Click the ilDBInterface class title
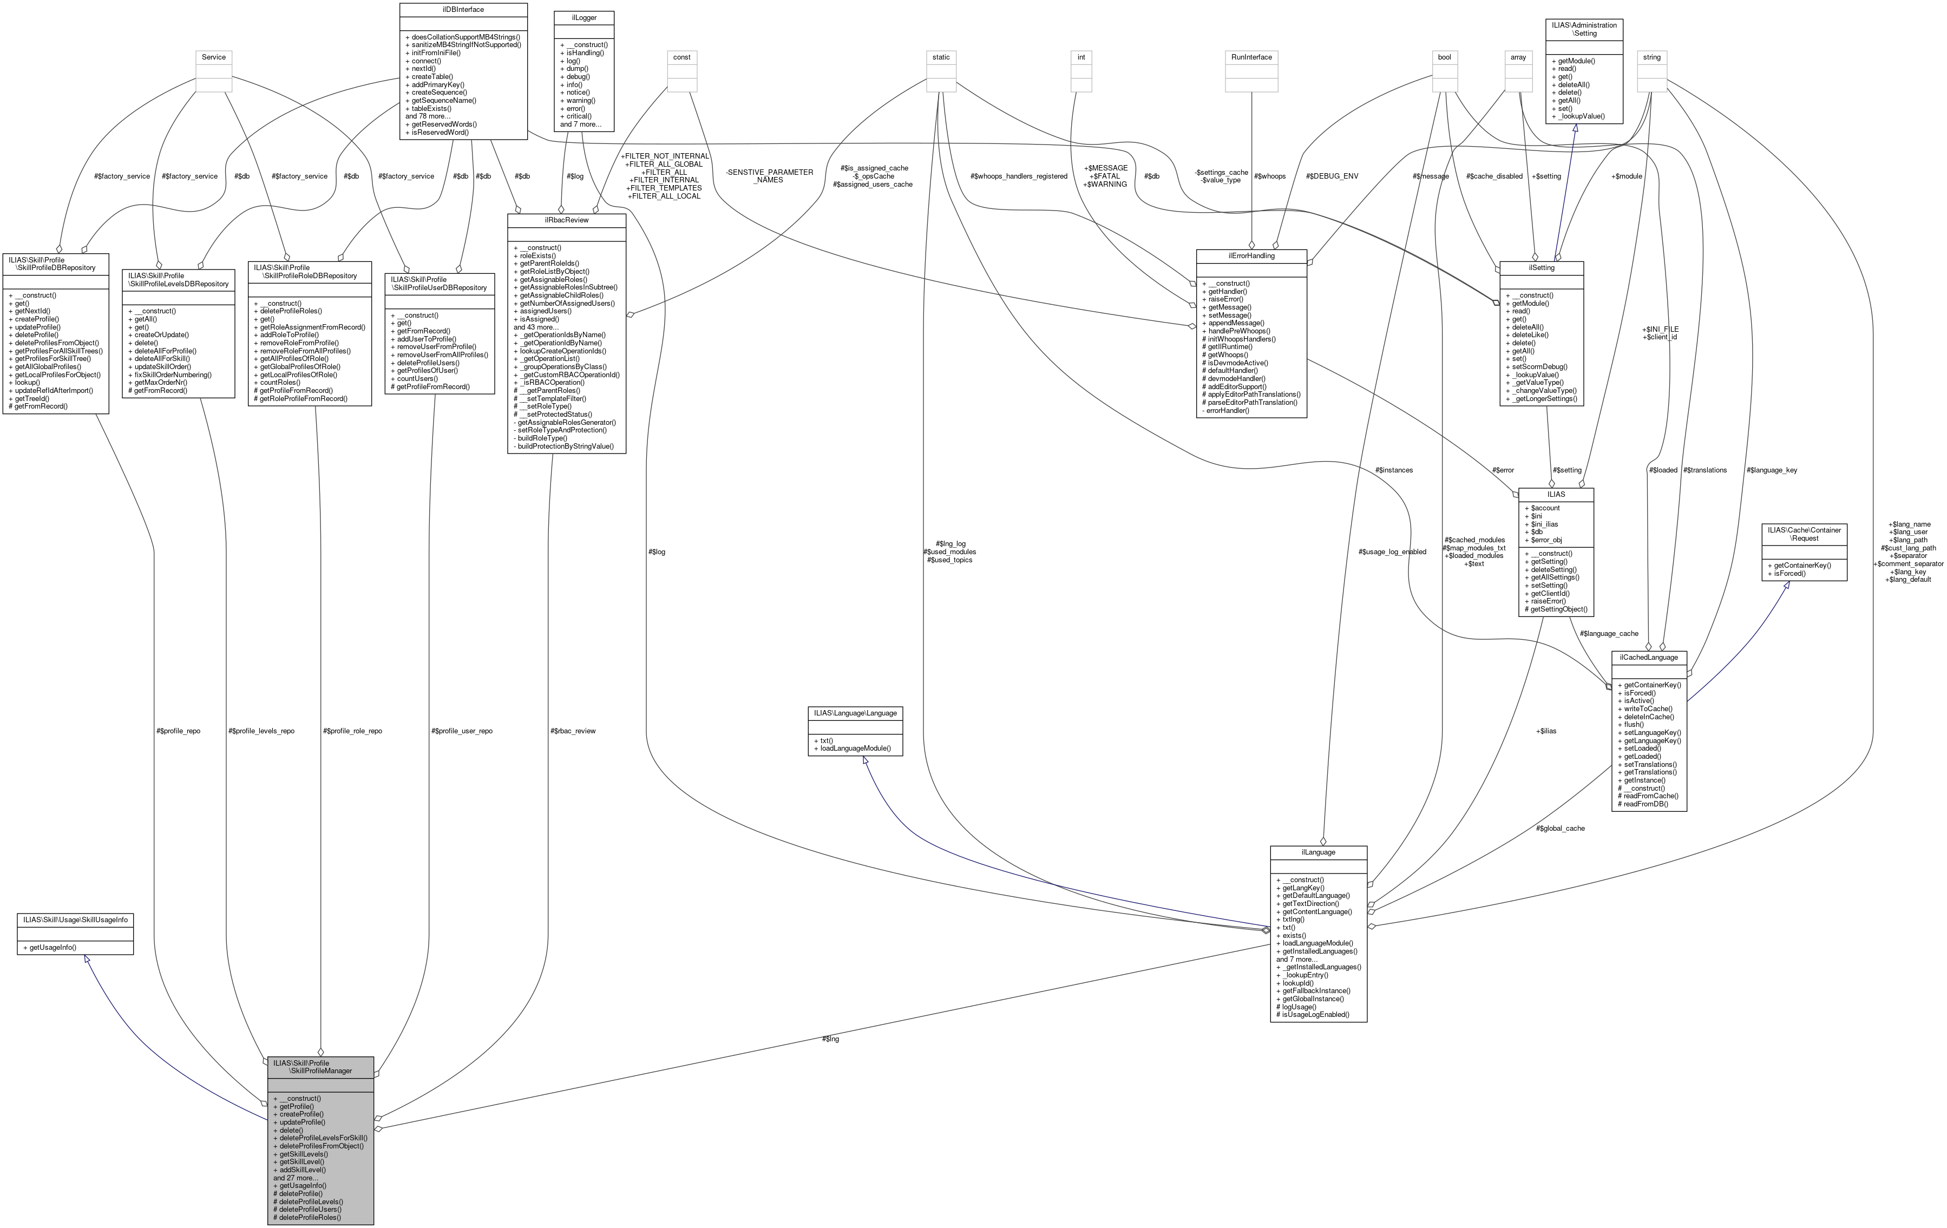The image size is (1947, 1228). coord(463,10)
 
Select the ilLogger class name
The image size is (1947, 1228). coord(584,17)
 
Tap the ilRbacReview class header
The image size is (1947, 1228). coord(566,220)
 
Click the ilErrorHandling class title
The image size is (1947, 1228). coord(1251,255)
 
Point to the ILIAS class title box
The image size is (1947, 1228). coord(1556,494)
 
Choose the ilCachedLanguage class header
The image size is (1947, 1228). coord(1649,657)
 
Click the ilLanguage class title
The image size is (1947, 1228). coord(1318,852)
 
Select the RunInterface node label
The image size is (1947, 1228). coord(1251,57)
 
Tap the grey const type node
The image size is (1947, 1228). coord(681,57)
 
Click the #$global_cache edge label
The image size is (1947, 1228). coord(1559,828)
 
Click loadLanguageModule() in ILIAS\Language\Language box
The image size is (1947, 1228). coord(855,748)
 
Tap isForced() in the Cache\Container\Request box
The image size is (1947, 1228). coord(1789,573)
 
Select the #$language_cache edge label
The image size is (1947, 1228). coord(1609,633)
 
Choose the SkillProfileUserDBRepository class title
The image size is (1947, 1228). coord(439,283)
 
